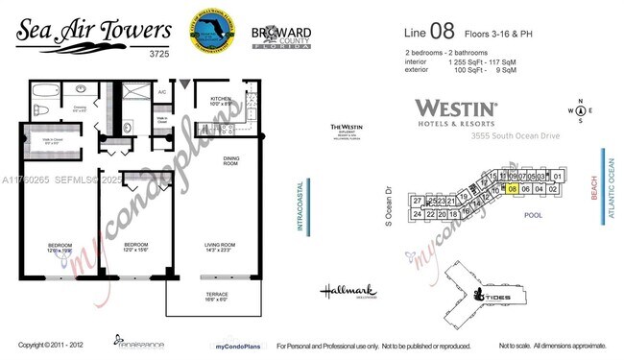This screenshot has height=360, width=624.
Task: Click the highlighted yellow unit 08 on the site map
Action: (514, 189)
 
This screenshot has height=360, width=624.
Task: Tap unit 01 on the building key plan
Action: (558, 177)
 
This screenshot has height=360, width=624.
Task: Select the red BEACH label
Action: (594, 186)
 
